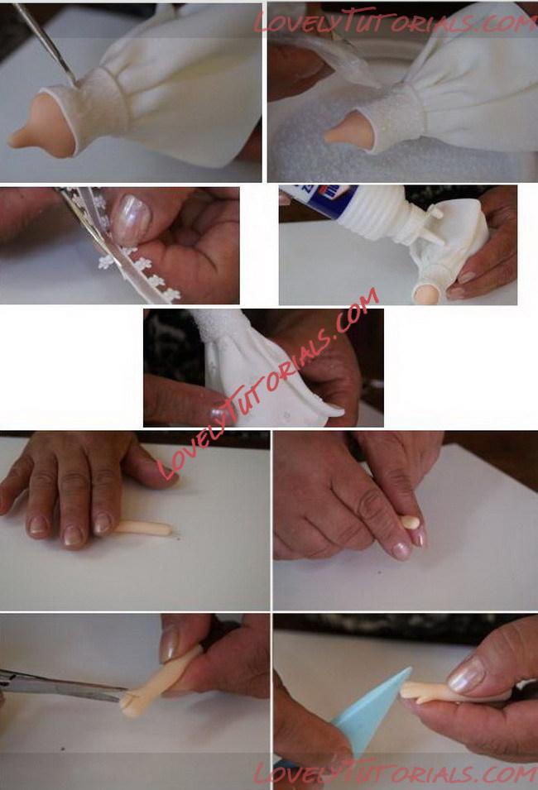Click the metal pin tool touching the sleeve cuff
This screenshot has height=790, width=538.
45,43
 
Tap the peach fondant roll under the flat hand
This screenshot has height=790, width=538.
144,528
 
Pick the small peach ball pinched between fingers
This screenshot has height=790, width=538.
411,523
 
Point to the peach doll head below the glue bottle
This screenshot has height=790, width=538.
426,294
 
